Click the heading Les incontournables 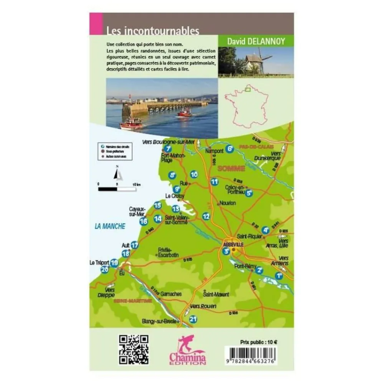click(153, 31)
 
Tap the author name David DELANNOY click(255, 41)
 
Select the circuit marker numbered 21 click(193, 319)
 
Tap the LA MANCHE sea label click(110, 226)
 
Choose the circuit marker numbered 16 click(144, 221)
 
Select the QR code click(134, 349)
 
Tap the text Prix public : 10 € click(258, 341)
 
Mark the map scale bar click(117, 189)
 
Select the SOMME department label click(231, 168)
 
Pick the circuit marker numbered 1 click(279, 275)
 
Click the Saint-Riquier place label click(249, 236)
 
